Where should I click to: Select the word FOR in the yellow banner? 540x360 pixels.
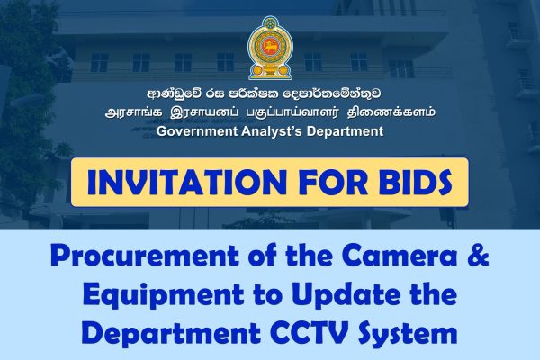(325, 183)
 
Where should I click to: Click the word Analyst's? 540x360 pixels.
(275, 131)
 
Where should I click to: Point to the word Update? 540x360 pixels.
(341, 296)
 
